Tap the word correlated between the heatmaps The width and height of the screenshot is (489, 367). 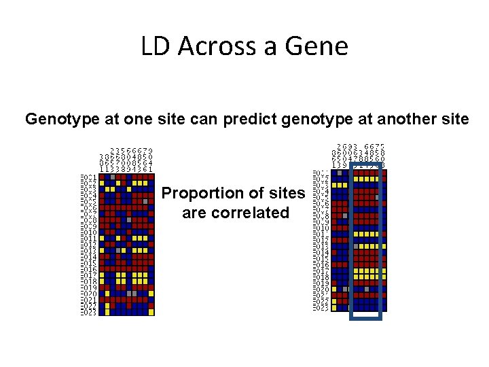[x=236, y=213]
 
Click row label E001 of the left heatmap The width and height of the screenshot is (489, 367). [x=88, y=177]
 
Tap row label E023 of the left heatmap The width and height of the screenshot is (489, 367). [x=88, y=313]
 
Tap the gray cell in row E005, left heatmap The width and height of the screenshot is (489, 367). [x=145, y=201]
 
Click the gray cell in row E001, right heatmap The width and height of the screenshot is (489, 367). [x=339, y=173]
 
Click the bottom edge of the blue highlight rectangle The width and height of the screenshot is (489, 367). [x=366, y=317]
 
